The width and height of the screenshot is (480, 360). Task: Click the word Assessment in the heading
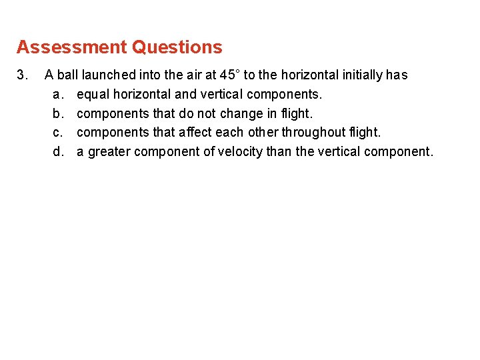[x=71, y=47]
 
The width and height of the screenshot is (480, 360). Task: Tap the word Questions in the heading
[x=177, y=47]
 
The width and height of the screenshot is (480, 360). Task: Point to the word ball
[x=67, y=75]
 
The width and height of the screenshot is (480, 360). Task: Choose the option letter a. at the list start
[x=59, y=95]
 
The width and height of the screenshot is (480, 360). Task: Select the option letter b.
[x=59, y=113]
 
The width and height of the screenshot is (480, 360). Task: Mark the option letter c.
[x=59, y=132]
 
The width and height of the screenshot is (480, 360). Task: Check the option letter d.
[x=59, y=151]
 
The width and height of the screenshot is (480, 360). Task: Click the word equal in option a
[x=92, y=95]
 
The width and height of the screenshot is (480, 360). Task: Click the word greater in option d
[x=109, y=151]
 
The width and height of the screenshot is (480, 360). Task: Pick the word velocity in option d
[x=239, y=151]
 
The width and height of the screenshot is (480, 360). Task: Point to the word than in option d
[x=279, y=151]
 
